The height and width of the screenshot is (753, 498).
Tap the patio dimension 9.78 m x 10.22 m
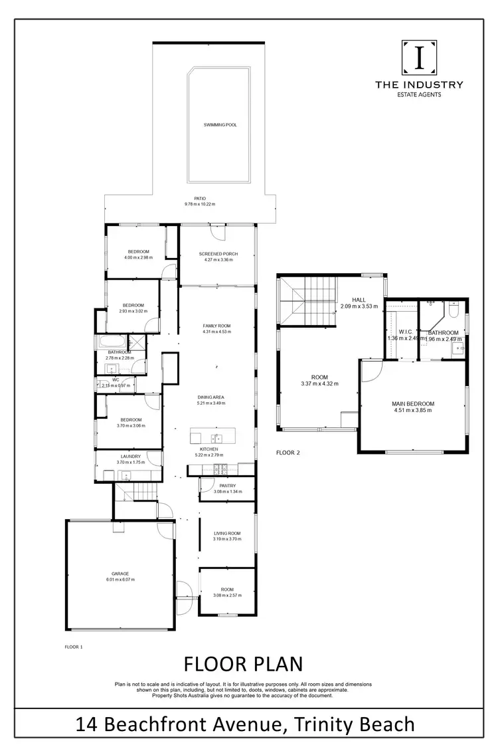pos(200,204)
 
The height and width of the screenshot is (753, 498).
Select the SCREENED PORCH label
pos(218,254)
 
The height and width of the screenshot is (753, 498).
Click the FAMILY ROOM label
pos(216,325)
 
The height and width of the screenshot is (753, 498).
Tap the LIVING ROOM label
pos(226,533)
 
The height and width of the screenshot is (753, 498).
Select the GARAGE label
pos(120,573)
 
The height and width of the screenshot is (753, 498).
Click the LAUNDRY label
pos(130,456)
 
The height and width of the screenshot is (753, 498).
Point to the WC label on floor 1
pos(115,380)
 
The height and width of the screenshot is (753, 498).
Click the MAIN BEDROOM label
pos(413,404)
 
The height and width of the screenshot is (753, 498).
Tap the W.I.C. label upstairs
pos(406,332)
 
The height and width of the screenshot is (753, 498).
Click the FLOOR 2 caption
pos(288,452)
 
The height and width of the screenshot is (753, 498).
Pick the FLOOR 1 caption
pos(72,646)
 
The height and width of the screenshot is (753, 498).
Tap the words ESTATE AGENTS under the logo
pos(419,94)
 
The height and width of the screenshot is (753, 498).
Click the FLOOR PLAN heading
pos(242,664)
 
